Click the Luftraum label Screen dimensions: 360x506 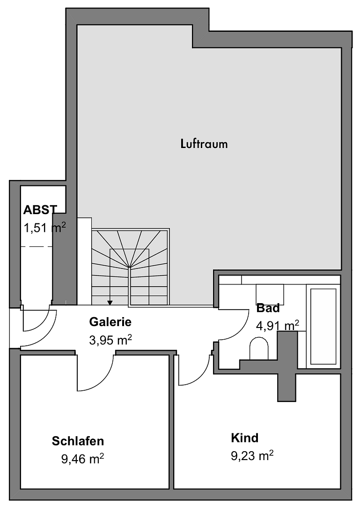(204, 144)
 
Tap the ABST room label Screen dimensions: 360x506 (40, 210)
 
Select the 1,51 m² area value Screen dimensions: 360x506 (45, 228)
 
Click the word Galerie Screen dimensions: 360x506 (110, 322)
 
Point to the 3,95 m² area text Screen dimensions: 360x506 (110, 340)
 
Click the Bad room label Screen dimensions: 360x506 (268, 308)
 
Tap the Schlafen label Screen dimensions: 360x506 (78, 441)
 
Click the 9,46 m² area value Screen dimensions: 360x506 (82, 459)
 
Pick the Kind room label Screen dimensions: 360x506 (244, 438)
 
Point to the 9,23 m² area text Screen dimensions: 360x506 (252, 456)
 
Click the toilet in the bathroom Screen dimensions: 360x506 (259, 349)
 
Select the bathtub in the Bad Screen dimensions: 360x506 (323, 326)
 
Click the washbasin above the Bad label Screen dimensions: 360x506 (270, 294)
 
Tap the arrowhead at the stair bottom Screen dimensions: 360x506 (110, 303)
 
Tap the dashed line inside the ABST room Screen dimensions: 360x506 (37, 246)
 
